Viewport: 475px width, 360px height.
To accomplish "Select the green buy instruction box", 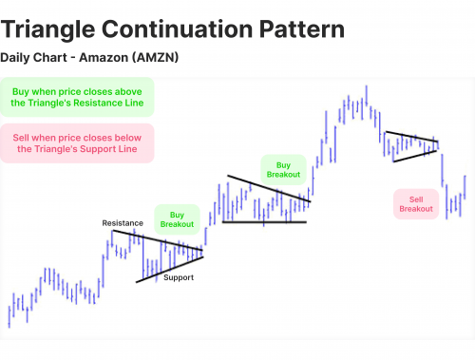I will pyautogui.click(x=77, y=99).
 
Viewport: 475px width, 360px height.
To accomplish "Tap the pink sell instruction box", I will pyautogui.click(x=77, y=142).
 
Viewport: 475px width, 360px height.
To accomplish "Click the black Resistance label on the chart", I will pyautogui.click(x=123, y=223).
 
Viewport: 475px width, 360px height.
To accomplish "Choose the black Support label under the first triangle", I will pyautogui.click(x=178, y=277).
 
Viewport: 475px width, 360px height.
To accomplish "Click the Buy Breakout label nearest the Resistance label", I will pyautogui.click(x=176, y=219).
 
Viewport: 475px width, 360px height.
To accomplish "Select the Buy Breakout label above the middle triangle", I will pyautogui.click(x=283, y=168).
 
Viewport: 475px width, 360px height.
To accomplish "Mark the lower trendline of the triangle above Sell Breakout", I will pyautogui.click(x=415, y=155).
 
